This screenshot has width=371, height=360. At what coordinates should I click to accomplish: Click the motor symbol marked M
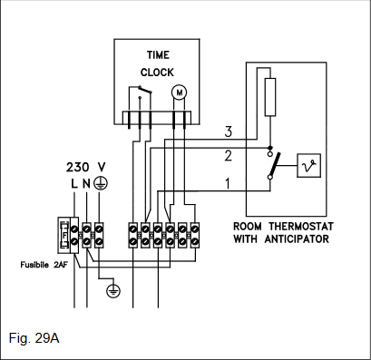[x=180, y=92]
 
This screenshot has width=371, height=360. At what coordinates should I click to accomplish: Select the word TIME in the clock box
[x=158, y=55]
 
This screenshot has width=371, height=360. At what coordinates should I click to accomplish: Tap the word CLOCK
[x=157, y=73]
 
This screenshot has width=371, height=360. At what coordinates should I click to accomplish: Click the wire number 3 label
[x=229, y=131]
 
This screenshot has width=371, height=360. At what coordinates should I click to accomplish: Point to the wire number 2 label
[x=229, y=155]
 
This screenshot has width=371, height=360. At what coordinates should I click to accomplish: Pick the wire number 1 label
[x=228, y=183]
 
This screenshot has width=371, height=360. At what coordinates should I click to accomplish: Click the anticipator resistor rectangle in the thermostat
[x=270, y=97]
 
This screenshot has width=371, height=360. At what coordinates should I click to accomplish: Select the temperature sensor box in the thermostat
[x=308, y=165]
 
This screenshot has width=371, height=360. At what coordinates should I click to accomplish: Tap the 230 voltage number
[x=78, y=167]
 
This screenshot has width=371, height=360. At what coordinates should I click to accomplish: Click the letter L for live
[x=74, y=183]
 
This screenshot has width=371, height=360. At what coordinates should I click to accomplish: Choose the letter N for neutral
[x=86, y=183]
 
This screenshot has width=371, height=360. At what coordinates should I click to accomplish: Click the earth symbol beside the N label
[x=100, y=183]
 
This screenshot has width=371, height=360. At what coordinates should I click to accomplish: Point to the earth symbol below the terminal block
[x=113, y=291]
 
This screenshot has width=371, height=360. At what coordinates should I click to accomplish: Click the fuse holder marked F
[x=64, y=235]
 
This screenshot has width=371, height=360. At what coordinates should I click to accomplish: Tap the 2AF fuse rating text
[x=61, y=265]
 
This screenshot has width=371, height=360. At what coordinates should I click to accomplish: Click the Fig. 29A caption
[x=34, y=338]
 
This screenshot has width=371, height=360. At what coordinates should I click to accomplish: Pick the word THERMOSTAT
[x=301, y=226]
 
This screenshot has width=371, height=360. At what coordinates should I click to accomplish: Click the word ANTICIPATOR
[x=297, y=239]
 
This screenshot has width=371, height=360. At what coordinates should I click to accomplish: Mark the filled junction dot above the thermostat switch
[x=270, y=148]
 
